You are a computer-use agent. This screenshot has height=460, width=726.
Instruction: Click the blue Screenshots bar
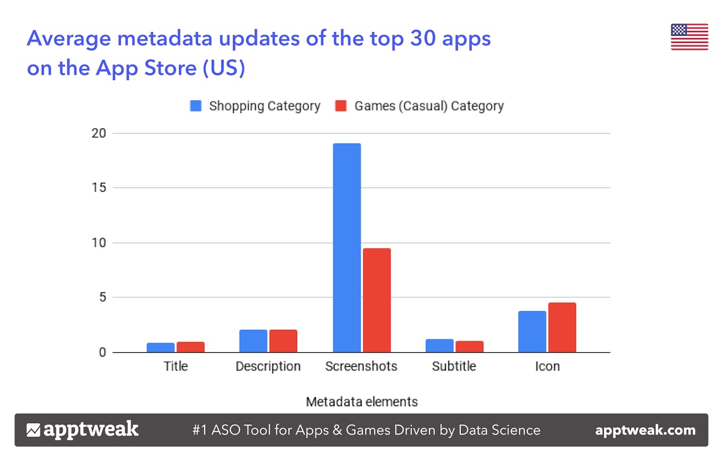click(x=347, y=248)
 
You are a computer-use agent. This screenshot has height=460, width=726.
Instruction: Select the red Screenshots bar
click(x=376, y=300)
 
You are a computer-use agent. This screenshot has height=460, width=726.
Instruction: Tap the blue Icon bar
click(x=532, y=332)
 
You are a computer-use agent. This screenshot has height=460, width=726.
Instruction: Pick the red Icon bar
click(x=562, y=327)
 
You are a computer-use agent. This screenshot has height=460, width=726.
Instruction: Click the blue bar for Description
click(x=253, y=341)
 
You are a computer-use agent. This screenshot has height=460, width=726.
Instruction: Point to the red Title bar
click(x=191, y=347)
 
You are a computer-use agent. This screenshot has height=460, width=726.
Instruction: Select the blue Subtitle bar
click(x=439, y=346)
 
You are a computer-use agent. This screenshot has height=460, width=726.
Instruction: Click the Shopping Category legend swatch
click(x=195, y=106)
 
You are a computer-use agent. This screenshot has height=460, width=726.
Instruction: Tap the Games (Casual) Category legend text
click(x=429, y=106)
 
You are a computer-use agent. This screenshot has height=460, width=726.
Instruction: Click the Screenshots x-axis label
click(x=361, y=366)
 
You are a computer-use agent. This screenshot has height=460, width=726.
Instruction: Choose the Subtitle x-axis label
click(x=454, y=366)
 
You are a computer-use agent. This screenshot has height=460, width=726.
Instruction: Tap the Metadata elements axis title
click(x=361, y=401)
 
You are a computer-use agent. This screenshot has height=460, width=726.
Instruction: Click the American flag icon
click(x=689, y=37)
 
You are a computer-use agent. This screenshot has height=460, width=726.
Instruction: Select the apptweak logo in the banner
click(x=83, y=430)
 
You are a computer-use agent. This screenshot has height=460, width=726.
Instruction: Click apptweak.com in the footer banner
click(x=645, y=430)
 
